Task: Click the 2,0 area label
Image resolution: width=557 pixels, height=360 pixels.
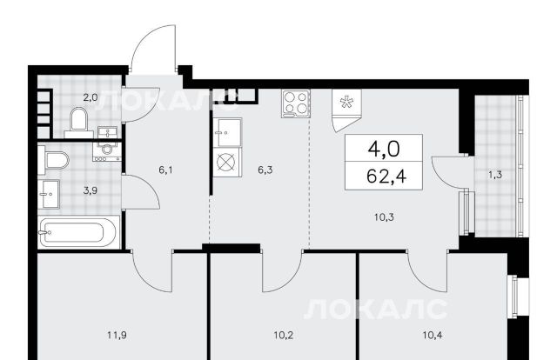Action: [91, 97]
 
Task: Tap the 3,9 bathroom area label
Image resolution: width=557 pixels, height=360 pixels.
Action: [91, 190]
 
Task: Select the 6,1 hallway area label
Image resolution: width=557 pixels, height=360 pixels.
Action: [165, 170]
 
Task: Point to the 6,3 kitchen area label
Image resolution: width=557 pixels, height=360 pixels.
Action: [265, 170]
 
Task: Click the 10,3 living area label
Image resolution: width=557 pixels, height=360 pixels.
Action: [385, 217]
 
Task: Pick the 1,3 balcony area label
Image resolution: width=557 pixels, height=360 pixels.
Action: [495, 175]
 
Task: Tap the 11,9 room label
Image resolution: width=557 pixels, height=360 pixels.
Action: [117, 335]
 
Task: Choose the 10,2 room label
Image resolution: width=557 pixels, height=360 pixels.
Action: [284, 335]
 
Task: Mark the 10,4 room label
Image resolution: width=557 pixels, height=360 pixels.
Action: [433, 335]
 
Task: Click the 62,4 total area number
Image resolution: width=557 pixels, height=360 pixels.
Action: [386, 177]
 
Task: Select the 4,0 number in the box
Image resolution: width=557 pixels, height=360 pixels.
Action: [384, 149]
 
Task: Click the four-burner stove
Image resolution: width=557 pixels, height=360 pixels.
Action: [295, 103]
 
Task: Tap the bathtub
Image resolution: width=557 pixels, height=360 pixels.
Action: [78, 232]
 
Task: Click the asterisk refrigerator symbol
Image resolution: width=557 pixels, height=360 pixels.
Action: [345, 103]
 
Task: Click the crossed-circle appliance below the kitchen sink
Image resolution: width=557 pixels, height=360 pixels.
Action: [226, 163]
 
